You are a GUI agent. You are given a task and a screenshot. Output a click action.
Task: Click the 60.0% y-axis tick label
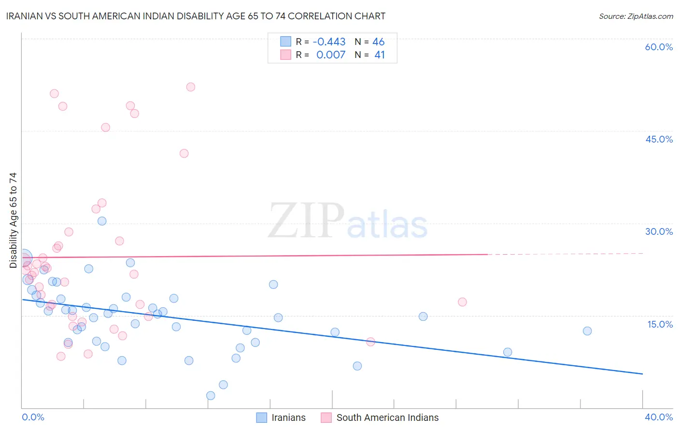click(x=659, y=47)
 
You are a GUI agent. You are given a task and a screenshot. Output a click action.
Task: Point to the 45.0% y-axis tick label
click(x=659, y=139)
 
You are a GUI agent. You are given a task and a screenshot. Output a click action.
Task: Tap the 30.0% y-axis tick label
click(x=659, y=231)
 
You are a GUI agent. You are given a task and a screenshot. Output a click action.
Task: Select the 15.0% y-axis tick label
click(x=660, y=324)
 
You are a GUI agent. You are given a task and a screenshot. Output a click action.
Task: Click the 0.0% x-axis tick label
click(x=33, y=417)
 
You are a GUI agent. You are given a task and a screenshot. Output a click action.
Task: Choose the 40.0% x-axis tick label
click(x=659, y=417)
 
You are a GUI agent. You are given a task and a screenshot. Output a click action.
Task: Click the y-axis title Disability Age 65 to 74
click(x=13, y=220)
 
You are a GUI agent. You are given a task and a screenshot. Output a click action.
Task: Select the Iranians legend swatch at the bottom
click(x=261, y=417)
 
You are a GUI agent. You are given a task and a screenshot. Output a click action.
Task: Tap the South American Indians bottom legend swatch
click(x=326, y=417)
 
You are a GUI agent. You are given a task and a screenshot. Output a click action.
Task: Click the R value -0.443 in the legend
click(x=329, y=42)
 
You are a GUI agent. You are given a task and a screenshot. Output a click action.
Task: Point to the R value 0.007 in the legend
click(x=331, y=55)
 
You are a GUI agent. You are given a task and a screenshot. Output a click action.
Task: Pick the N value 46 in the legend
click(x=379, y=42)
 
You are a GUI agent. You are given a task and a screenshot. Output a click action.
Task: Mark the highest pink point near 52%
click(x=191, y=87)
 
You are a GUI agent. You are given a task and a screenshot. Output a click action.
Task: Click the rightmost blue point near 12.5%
click(x=587, y=331)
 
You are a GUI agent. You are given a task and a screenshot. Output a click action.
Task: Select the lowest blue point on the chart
click(x=211, y=396)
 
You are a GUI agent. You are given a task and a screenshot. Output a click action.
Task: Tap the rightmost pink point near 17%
click(x=462, y=302)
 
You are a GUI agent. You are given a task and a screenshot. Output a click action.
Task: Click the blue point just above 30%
click(x=102, y=221)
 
